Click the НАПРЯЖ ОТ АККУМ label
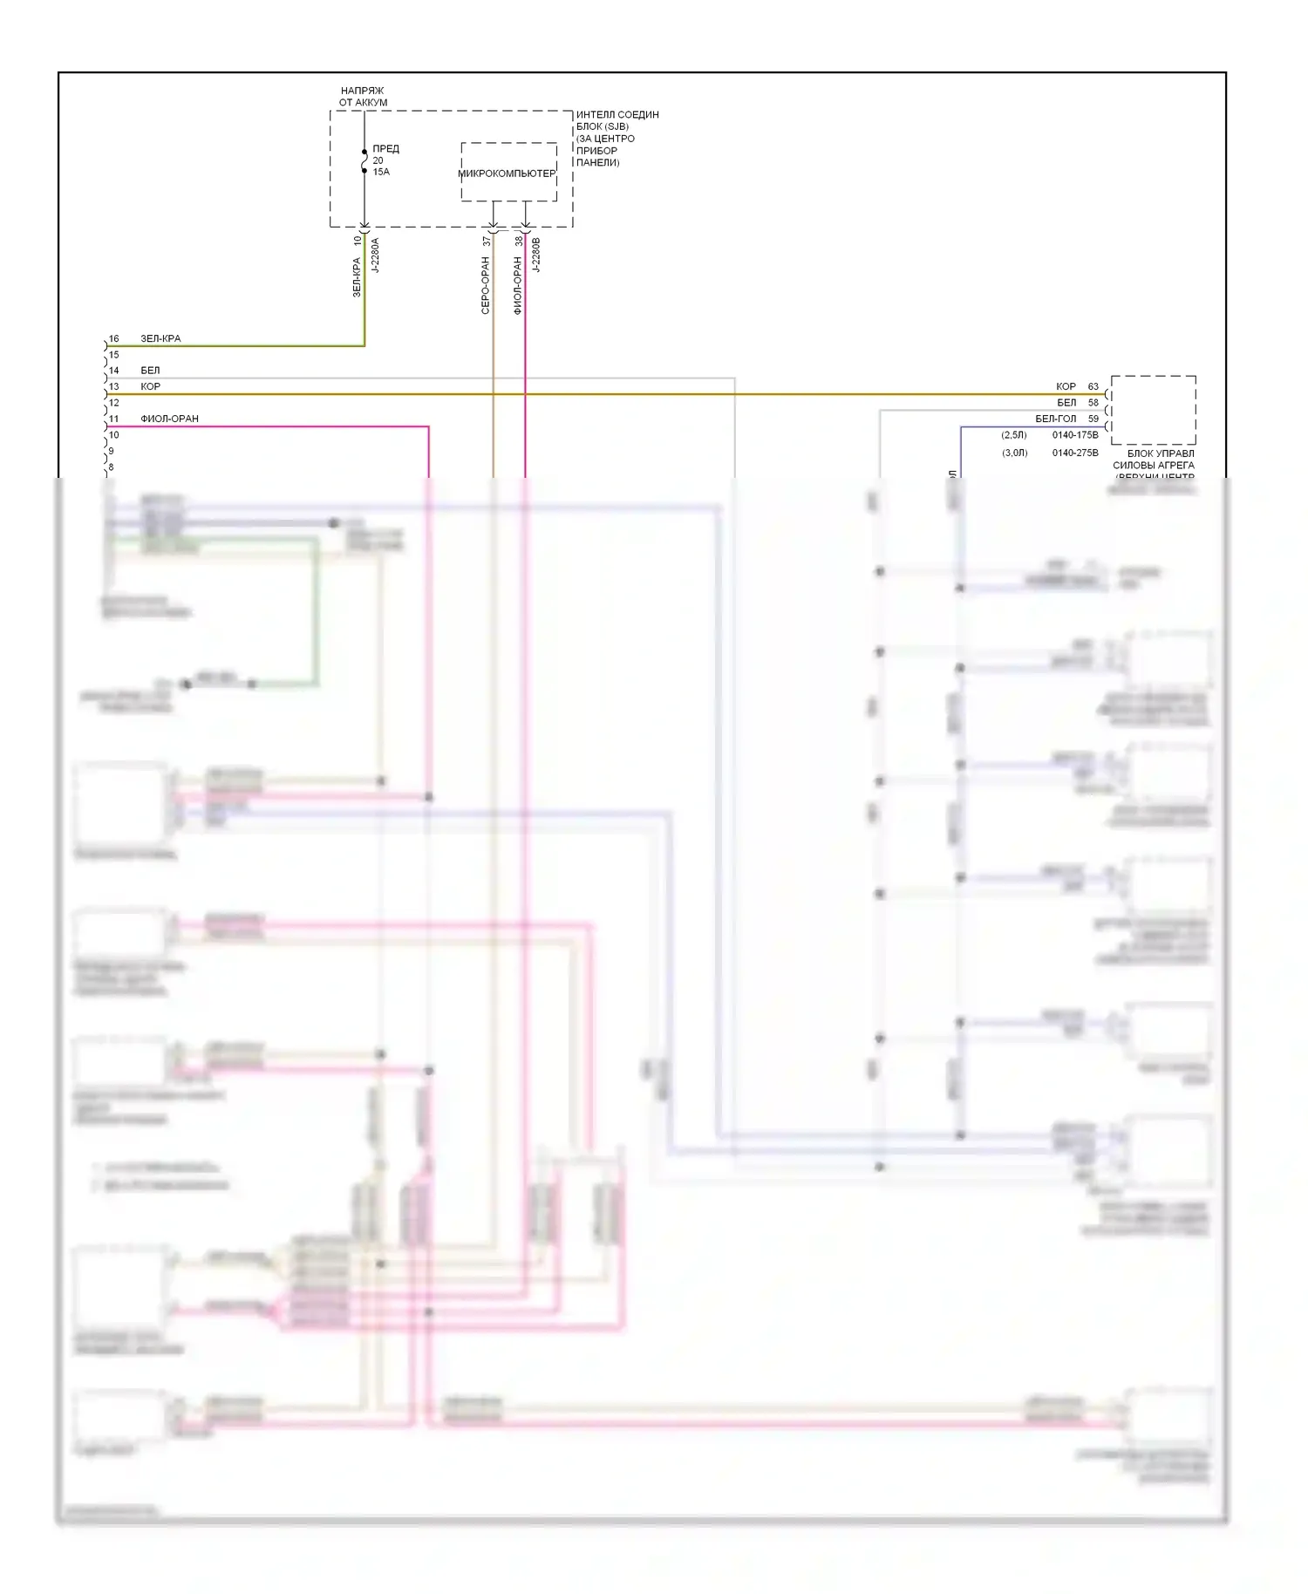[363, 97]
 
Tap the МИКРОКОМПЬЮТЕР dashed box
[508, 173]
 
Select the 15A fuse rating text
[381, 172]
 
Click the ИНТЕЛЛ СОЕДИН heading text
[617, 114]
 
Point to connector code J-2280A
[376, 255]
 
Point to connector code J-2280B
[536, 255]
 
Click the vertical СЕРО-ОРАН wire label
[486, 285]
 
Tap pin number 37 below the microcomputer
[486, 241]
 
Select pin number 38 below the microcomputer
[518, 241]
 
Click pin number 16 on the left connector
[114, 338]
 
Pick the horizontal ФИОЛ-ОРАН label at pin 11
[169, 419]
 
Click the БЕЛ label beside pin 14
[150, 371]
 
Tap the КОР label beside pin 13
[150, 386]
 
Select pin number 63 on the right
[1093, 386]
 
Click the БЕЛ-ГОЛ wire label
[1056, 419]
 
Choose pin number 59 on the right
[1093, 419]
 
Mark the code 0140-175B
[1074, 434]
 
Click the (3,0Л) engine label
[1014, 453]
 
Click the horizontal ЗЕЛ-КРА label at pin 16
[160, 338]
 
